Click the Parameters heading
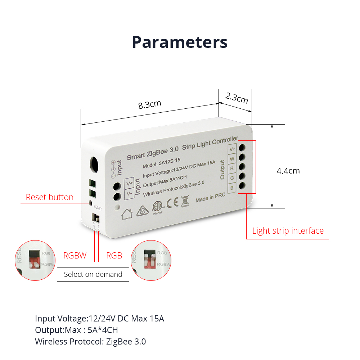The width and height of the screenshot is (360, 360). (180, 42)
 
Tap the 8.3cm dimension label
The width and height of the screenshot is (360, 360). (150, 105)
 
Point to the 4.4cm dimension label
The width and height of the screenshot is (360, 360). (288, 170)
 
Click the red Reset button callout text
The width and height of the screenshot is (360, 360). (50, 197)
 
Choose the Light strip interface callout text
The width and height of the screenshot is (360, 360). (288, 231)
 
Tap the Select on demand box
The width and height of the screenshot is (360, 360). (93, 274)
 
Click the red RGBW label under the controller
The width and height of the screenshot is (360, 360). (75, 256)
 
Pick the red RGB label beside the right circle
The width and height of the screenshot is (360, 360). (114, 256)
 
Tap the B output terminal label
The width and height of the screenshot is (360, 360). (232, 188)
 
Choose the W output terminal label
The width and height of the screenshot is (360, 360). (232, 159)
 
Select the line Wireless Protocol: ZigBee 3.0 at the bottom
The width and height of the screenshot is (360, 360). (90, 342)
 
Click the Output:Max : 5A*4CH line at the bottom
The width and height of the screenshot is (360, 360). (76, 330)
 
